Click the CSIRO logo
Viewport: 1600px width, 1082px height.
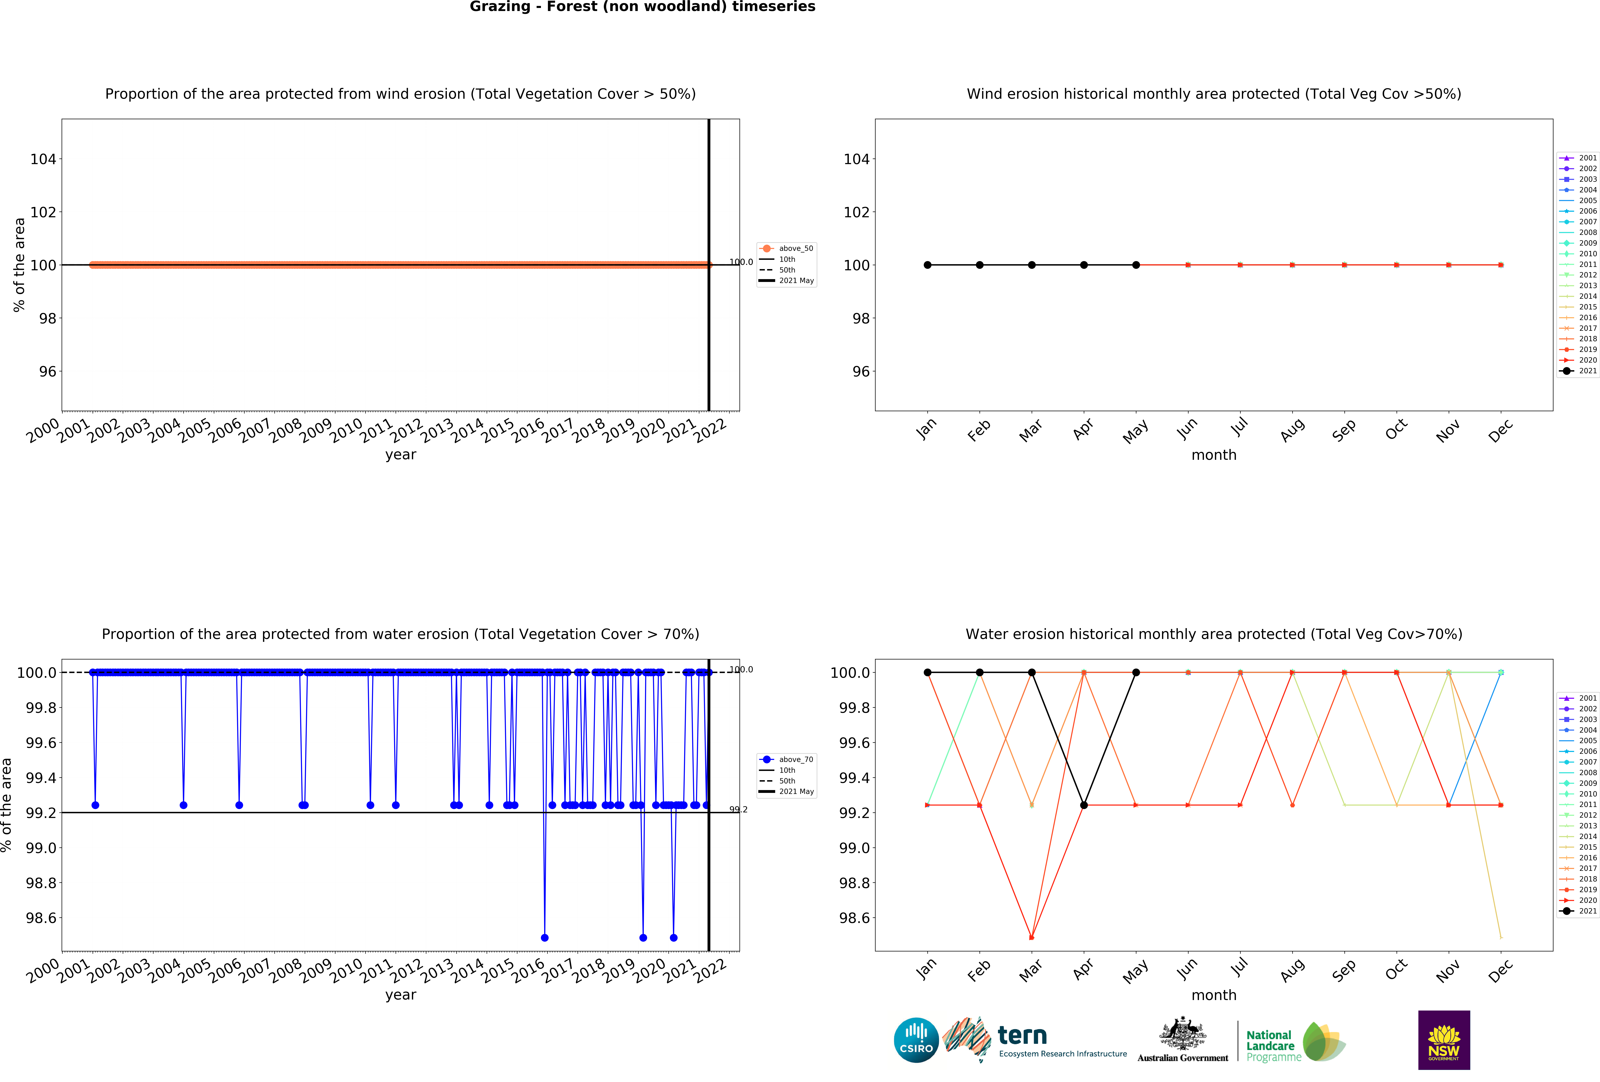pyautogui.click(x=916, y=1040)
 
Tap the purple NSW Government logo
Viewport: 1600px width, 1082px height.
pyautogui.click(x=1444, y=1040)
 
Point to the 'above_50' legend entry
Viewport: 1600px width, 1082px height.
pyautogui.click(x=795, y=249)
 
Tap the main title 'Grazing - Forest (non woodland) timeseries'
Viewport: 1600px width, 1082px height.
pyautogui.click(x=642, y=7)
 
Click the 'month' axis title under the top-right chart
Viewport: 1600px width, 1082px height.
pyautogui.click(x=1214, y=455)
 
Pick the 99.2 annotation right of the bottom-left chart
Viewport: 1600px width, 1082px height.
pyautogui.click(x=739, y=809)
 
